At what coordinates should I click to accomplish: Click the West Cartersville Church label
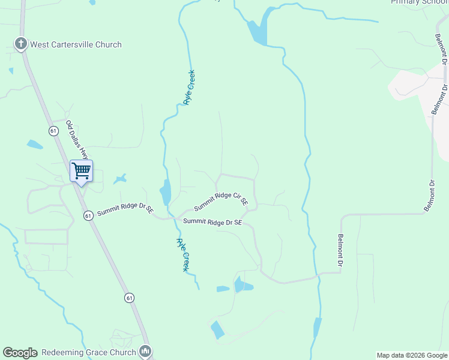point(76,44)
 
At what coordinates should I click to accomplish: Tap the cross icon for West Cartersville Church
point(20,44)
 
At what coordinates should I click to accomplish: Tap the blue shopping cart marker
point(81,170)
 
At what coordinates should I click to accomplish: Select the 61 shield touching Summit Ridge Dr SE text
point(88,215)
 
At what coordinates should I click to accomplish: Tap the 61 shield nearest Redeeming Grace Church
point(129,298)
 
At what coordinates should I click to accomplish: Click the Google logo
point(20,353)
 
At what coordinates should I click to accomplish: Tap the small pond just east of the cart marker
point(121,178)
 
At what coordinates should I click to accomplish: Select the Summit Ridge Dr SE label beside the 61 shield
point(125,211)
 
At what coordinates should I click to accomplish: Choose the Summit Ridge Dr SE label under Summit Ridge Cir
point(212,222)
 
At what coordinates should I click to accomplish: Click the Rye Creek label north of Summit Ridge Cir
point(189,88)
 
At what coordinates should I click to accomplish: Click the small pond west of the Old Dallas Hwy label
point(35,145)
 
